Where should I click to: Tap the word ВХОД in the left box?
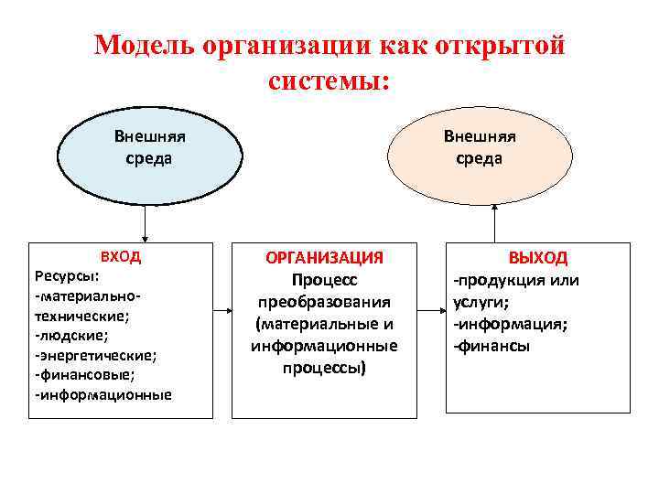pyautogui.click(x=120, y=257)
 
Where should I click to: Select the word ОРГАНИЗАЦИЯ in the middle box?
pyautogui.click(x=324, y=258)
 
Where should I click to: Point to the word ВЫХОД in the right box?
pyautogui.click(x=538, y=258)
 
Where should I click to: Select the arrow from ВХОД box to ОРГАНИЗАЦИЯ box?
pyautogui.click(x=221, y=313)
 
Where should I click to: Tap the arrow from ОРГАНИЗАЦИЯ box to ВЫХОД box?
pyautogui.click(x=431, y=313)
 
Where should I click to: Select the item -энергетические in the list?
pyautogui.click(x=95, y=354)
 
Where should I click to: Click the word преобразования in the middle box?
pyautogui.click(x=324, y=302)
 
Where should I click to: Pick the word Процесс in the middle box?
pyautogui.click(x=324, y=280)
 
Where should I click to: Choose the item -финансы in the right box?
pyautogui.click(x=492, y=346)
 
